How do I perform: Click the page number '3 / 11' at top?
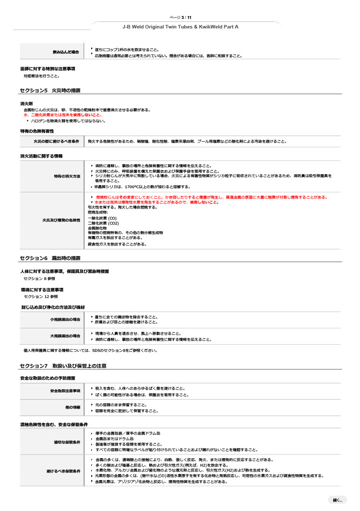pos(187,17)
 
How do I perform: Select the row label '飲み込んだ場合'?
pos(66,52)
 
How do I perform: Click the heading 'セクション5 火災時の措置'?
pos(50,90)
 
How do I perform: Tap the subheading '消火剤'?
pos(26,103)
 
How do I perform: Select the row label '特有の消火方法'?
pos(67,176)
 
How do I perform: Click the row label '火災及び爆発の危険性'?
pos(61,220)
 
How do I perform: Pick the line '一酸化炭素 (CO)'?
pos(102,218)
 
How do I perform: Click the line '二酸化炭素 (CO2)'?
pos(103,223)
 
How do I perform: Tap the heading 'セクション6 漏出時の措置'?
pos(50,258)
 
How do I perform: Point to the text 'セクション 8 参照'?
pos(40,278)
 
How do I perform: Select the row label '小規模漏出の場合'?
pos(65,319)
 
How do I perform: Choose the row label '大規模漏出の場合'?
pos(65,336)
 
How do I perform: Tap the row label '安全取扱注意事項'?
pos(65,391)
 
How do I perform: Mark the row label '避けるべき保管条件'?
pos(63,471)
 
